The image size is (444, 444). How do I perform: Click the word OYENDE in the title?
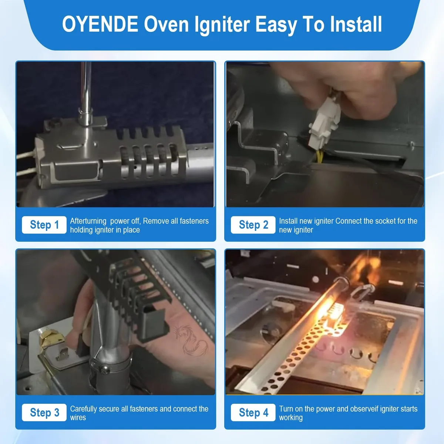pyautogui.click(x=100, y=24)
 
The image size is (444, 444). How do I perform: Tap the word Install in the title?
pyautogui.click(x=356, y=24)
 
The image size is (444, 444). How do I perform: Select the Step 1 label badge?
pyautogui.click(x=44, y=225)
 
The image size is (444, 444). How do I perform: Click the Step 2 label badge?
pyautogui.click(x=253, y=225)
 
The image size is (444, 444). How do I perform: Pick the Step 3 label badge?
pyautogui.click(x=44, y=413)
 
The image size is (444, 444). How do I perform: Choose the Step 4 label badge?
pyautogui.click(x=253, y=413)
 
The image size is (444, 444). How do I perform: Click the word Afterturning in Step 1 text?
pyautogui.click(x=88, y=221)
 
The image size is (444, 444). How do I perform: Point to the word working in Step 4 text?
pyautogui.click(x=291, y=417)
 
